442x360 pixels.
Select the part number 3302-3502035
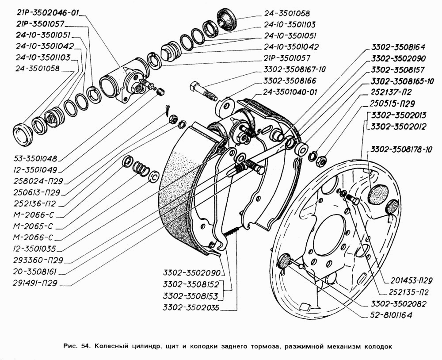(x=191, y=307)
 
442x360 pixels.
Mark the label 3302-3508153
(x=191, y=296)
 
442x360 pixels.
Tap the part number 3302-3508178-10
(x=401, y=149)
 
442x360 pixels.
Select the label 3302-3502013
(x=399, y=115)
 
